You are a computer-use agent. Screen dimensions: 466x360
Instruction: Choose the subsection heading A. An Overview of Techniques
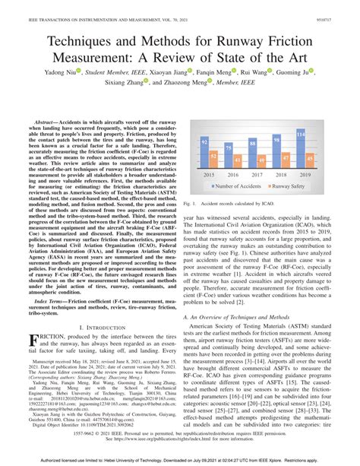(x=243, y=293)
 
